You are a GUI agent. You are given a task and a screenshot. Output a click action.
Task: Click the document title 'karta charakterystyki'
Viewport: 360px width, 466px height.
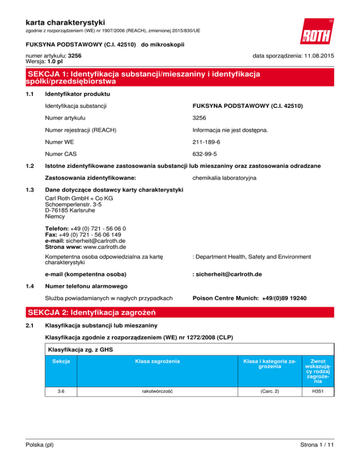click(66, 22)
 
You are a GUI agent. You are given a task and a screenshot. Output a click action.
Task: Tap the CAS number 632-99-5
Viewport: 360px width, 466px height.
click(205, 153)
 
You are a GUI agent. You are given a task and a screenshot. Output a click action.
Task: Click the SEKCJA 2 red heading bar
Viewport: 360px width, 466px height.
click(180, 311)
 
